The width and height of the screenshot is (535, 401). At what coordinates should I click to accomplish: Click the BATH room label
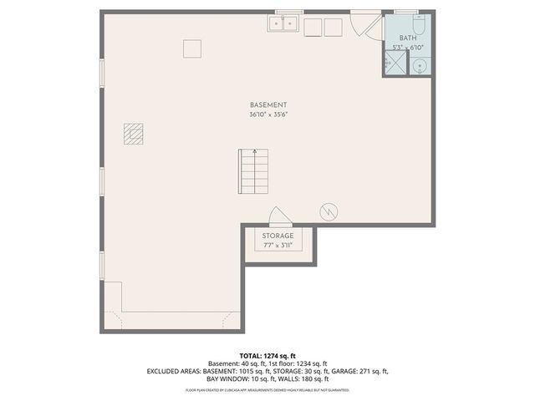point(407,38)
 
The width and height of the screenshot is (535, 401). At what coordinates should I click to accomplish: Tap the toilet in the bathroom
point(418,23)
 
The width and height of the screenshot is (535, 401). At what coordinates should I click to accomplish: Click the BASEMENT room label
point(268,104)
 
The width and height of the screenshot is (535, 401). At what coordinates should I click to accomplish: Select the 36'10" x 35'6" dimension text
point(268,114)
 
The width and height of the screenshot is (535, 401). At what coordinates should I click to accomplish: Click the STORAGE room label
point(278,236)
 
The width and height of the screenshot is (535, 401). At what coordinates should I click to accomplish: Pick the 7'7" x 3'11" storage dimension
point(278,246)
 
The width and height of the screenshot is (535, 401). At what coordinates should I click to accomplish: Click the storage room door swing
point(279,217)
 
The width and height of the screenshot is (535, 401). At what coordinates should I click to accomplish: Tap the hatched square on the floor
point(134,133)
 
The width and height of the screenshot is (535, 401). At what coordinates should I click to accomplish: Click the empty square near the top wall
point(193,48)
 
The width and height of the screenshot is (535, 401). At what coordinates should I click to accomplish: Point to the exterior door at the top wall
point(364,23)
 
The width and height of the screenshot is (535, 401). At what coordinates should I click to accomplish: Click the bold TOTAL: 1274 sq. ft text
point(267,356)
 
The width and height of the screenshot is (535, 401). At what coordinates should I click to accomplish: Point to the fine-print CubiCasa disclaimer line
point(267,390)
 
